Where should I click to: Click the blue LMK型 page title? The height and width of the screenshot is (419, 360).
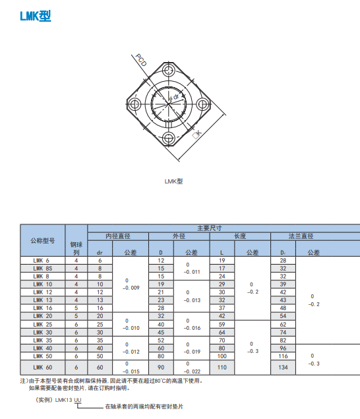[36, 16]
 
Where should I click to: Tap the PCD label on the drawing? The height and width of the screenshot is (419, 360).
[141, 60]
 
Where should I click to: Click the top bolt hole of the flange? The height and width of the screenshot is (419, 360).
[168, 71]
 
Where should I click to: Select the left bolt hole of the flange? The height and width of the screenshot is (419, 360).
[135, 104]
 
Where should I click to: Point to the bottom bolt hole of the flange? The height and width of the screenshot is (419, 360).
[169, 138]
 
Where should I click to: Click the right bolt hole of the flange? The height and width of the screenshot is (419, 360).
[202, 104]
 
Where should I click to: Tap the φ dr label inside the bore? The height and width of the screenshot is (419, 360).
[174, 97]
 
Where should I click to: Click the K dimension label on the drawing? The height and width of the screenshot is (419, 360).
[197, 134]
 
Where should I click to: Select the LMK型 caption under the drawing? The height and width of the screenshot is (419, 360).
[173, 181]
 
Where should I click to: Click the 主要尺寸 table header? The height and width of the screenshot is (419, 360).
[210, 228]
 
